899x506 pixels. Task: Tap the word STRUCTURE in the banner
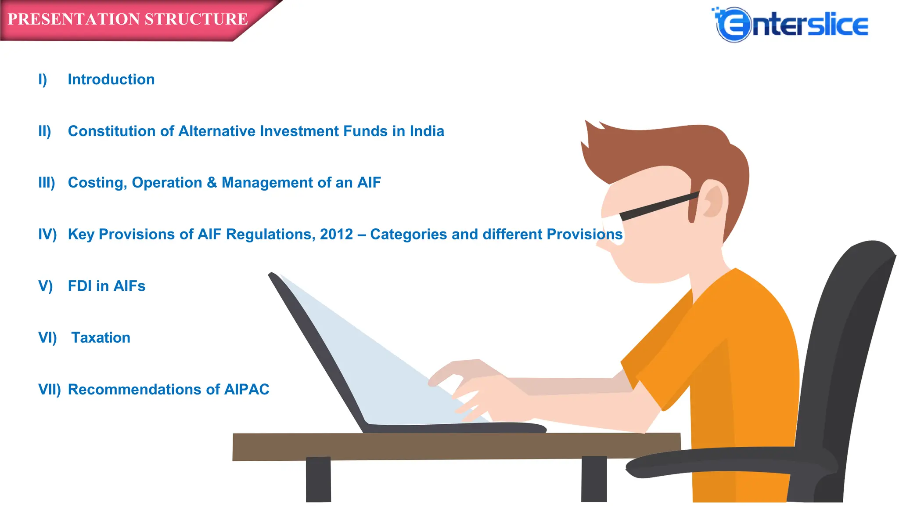click(196, 19)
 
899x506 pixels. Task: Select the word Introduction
click(111, 80)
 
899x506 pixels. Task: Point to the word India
click(427, 131)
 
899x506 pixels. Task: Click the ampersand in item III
click(212, 182)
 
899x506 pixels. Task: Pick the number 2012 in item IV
click(336, 235)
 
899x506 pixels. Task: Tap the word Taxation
click(101, 338)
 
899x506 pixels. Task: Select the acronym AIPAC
click(247, 390)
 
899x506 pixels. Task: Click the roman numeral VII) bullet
click(49, 390)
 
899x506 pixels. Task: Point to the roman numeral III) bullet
click(47, 183)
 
